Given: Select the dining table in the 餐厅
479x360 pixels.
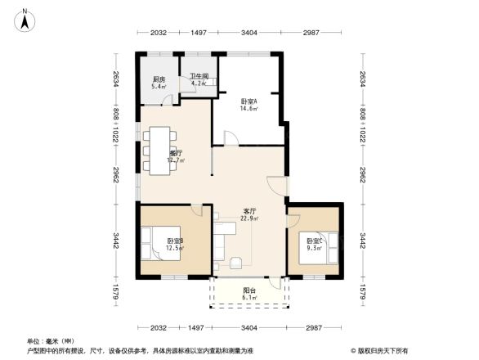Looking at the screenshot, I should [x=159, y=150].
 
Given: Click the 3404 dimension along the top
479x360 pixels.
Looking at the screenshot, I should [x=249, y=33].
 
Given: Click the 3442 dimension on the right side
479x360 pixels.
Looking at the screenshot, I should [x=361, y=241].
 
